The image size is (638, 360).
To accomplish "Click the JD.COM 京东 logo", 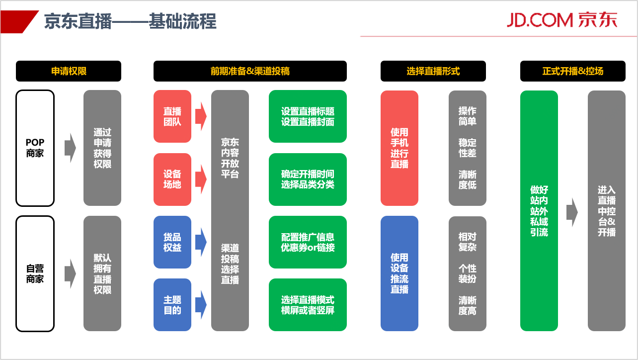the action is [561, 19].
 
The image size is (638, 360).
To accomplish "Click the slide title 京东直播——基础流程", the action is [130, 21].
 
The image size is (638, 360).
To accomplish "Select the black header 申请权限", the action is [69, 71].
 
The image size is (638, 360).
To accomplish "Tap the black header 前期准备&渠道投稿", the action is [250, 71].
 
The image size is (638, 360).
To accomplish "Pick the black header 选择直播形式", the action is [433, 71].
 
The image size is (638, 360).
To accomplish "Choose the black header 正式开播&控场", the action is [572, 71].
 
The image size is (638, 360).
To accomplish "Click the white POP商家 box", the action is [35, 148].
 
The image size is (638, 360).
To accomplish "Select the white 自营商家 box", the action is [35, 273].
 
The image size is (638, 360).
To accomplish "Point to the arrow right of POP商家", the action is [70, 148].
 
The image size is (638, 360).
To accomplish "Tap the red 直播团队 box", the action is [172, 116].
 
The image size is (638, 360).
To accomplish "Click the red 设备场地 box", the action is [172, 180].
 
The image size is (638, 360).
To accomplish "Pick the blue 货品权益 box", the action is [172, 242].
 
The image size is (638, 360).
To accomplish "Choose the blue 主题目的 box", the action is [172, 305].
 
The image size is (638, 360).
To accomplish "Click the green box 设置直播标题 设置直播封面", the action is [308, 116].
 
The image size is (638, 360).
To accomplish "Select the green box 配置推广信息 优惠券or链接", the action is [308, 242].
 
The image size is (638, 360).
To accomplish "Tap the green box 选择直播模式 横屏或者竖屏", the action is [308, 305].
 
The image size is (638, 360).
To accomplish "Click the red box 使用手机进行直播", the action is [399, 148].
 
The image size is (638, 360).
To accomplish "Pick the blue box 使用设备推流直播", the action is [399, 273].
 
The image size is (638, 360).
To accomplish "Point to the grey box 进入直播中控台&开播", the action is [606, 211].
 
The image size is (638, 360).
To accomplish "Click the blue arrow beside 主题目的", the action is [200, 305].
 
